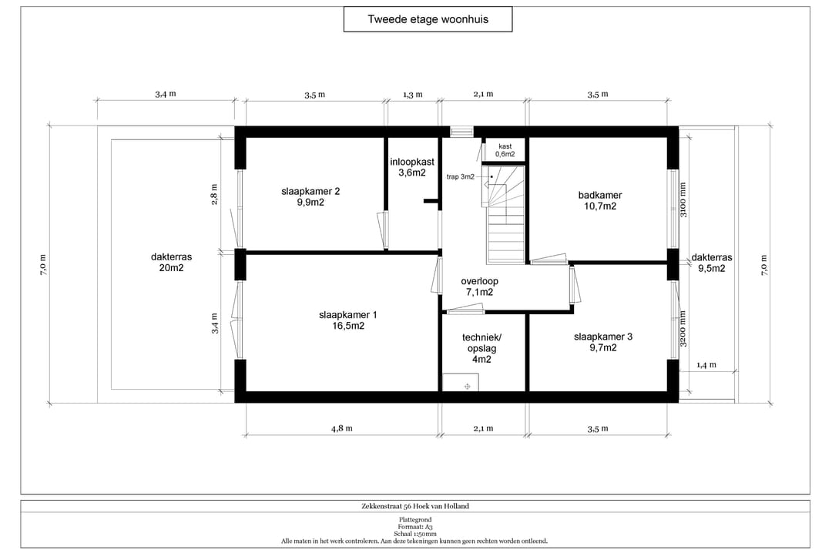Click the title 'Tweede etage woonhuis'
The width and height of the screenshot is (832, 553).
(x=428, y=19)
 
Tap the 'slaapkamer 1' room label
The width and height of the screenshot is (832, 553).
(x=348, y=320)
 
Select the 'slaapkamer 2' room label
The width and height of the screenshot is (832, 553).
(x=310, y=196)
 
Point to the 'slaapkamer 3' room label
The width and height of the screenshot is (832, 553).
(x=602, y=342)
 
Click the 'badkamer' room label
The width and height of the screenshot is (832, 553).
(x=600, y=200)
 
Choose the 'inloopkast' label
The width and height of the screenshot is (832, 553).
(x=411, y=166)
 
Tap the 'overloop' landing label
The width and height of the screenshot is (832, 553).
(x=479, y=287)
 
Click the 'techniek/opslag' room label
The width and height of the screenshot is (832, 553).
(x=481, y=348)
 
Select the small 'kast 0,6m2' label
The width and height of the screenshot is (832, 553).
(x=505, y=150)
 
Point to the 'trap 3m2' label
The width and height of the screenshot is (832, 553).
(x=460, y=176)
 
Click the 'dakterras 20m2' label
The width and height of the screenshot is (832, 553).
(x=171, y=262)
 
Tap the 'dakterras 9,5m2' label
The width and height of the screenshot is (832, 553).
(x=712, y=263)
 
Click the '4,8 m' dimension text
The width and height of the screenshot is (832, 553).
(x=342, y=428)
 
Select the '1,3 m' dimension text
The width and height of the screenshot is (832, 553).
(x=412, y=95)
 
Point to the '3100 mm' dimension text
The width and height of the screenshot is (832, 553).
(x=683, y=199)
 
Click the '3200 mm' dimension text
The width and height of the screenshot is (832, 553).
(x=683, y=329)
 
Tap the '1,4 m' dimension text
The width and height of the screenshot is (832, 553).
(x=706, y=364)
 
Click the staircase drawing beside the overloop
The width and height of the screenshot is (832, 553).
(x=503, y=214)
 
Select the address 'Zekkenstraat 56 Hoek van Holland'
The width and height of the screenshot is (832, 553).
(x=415, y=506)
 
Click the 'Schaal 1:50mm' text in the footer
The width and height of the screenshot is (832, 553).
(x=415, y=534)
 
